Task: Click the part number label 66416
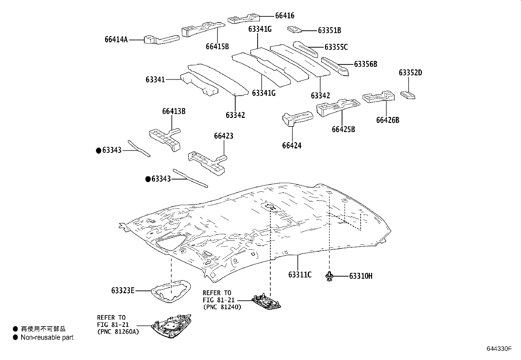click(x=284, y=15)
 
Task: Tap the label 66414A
click(x=116, y=40)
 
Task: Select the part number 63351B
click(x=329, y=30)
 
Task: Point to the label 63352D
click(x=410, y=73)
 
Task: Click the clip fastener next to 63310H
click(x=329, y=276)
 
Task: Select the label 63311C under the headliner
click(x=300, y=275)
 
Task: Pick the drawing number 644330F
click(x=498, y=349)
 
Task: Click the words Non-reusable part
click(x=47, y=337)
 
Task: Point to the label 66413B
click(x=174, y=111)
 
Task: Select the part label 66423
click(x=224, y=136)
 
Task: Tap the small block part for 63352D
click(x=408, y=95)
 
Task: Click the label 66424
click(x=292, y=145)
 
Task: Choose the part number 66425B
click(x=343, y=129)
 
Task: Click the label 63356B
click(x=365, y=64)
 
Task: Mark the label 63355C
click(x=336, y=47)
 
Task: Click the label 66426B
click(x=387, y=120)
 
